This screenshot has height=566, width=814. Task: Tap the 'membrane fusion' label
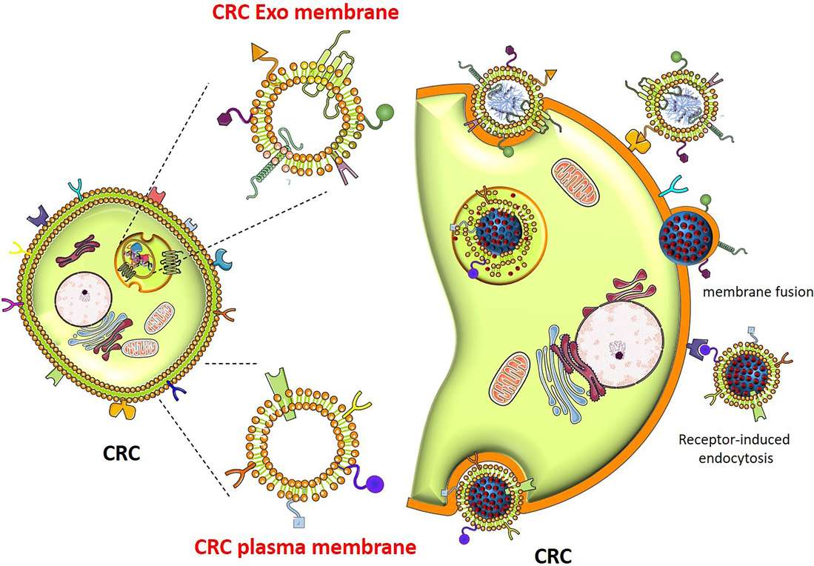click(x=758, y=292)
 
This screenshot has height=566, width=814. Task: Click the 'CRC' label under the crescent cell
click(x=553, y=553)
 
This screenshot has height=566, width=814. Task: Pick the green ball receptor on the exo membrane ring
click(x=386, y=113)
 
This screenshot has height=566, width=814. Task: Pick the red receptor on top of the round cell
click(x=157, y=195)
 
